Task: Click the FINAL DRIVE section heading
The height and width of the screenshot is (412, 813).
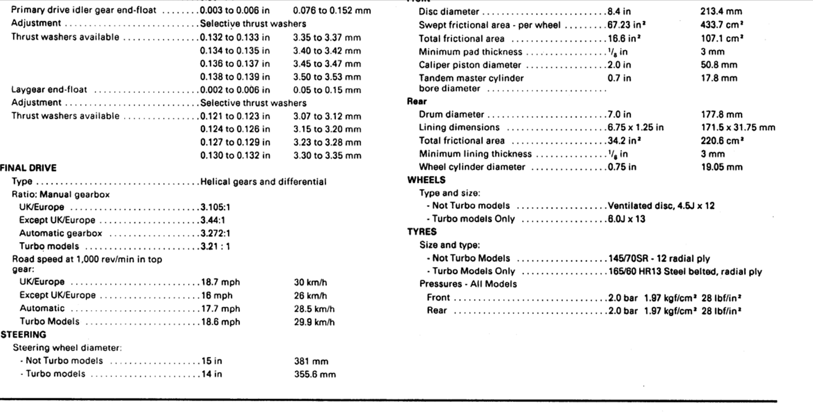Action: (28, 168)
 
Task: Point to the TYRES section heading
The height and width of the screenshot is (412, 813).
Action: (422, 232)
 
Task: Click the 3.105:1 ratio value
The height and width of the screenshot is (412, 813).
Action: (216, 207)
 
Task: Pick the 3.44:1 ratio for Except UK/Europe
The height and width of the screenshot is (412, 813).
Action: (213, 220)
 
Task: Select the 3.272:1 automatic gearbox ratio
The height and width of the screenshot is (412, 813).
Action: (216, 233)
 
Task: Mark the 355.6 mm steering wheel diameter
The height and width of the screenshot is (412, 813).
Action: (315, 374)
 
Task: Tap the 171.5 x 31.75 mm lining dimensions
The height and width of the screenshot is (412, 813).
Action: (738, 127)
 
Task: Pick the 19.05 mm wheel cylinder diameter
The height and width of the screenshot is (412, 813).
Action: (722, 166)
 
